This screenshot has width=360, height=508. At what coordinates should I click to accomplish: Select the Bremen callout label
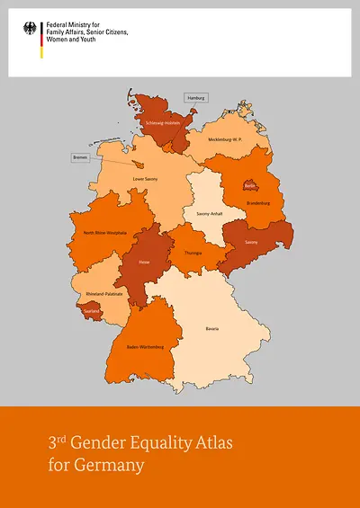(x=83, y=157)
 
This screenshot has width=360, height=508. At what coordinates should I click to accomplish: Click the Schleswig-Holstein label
(x=163, y=122)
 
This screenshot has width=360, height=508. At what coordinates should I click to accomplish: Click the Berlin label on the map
(x=251, y=187)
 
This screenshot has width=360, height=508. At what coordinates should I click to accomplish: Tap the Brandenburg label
(x=258, y=203)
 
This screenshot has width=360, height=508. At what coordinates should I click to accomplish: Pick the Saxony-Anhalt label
(x=202, y=214)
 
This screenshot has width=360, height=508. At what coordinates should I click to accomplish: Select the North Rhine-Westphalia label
(x=103, y=233)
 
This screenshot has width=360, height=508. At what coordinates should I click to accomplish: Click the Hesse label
(x=144, y=263)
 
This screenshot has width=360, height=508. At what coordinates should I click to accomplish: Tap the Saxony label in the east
(x=251, y=241)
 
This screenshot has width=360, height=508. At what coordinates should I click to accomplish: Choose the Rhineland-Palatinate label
(x=103, y=294)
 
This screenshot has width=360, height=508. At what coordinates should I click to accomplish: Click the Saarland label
(x=94, y=311)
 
